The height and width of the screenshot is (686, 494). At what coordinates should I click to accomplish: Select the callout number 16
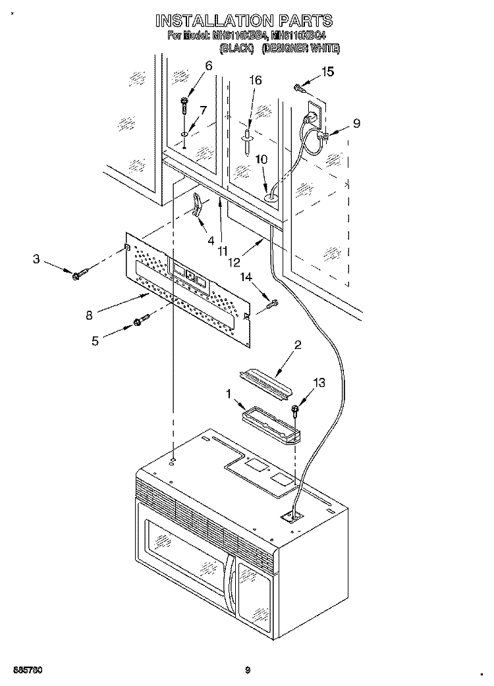(255, 80)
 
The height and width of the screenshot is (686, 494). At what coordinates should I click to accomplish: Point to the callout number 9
(356, 122)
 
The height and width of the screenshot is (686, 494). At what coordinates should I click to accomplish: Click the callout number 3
(37, 260)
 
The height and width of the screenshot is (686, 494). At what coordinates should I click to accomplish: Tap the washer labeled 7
(186, 134)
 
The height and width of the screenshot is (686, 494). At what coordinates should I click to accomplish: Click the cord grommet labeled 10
(270, 194)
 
